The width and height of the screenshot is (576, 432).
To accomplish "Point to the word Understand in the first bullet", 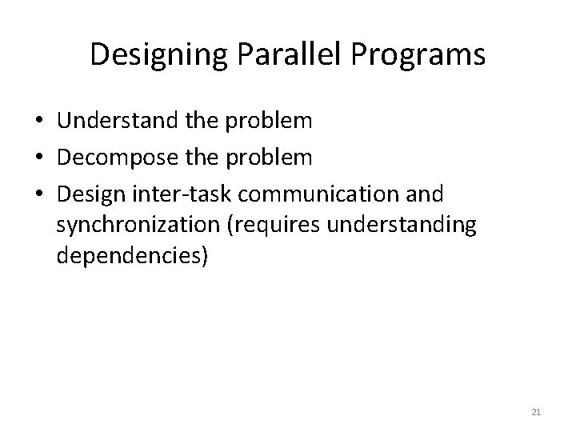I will click(x=108, y=121).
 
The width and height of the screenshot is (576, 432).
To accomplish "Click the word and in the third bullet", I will click(x=426, y=194).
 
